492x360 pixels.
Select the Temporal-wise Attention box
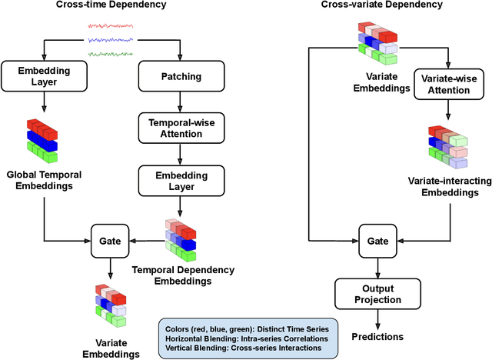[x=181, y=128]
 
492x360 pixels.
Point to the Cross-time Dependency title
[x=110, y=5]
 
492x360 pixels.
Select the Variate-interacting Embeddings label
[x=448, y=186]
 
